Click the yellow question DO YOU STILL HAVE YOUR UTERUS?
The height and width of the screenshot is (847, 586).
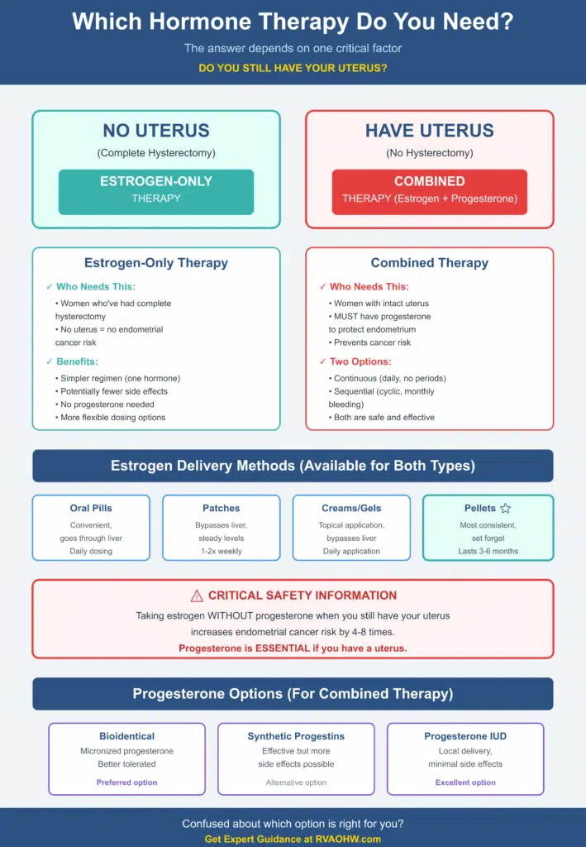point(293,68)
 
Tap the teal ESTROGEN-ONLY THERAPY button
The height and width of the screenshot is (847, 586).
point(156,192)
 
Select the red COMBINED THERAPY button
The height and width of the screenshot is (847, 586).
point(430,192)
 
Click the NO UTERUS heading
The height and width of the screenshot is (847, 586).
point(156,130)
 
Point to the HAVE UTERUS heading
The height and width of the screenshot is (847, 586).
point(430,130)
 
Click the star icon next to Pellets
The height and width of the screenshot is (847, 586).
point(506,508)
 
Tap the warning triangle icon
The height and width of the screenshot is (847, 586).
point(197,596)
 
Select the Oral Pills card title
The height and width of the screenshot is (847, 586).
point(91,508)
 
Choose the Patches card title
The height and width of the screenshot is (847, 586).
point(222,508)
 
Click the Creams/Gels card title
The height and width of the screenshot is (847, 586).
point(351,508)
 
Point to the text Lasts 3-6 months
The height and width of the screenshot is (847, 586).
point(488,551)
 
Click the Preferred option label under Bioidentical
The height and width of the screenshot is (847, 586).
point(126,782)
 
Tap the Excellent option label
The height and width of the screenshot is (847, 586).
point(465,782)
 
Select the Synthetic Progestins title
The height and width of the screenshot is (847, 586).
point(296,736)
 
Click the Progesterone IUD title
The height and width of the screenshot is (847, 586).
point(465,736)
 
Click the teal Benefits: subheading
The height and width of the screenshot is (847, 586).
point(77,361)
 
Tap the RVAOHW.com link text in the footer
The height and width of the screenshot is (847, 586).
point(353,840)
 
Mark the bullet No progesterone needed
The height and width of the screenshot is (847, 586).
point(107,404)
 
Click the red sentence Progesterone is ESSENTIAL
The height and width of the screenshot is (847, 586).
point(293,648)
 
